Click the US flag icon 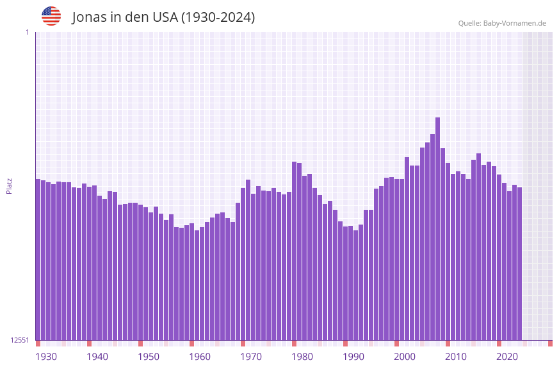[x=51, y=16]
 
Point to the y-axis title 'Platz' [x=9, y=186]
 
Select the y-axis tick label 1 [x=27, y=32]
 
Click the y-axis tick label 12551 [x=20, y=340]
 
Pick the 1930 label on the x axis [x=46, y=357]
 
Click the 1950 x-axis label [x=149, y=357]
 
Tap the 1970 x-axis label [x=251, y=357]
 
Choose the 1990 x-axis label [x=353, y=357]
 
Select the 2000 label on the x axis [x=405, y=357]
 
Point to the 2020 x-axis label [x=507, y=357]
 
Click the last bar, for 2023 [x=520, y=264]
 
